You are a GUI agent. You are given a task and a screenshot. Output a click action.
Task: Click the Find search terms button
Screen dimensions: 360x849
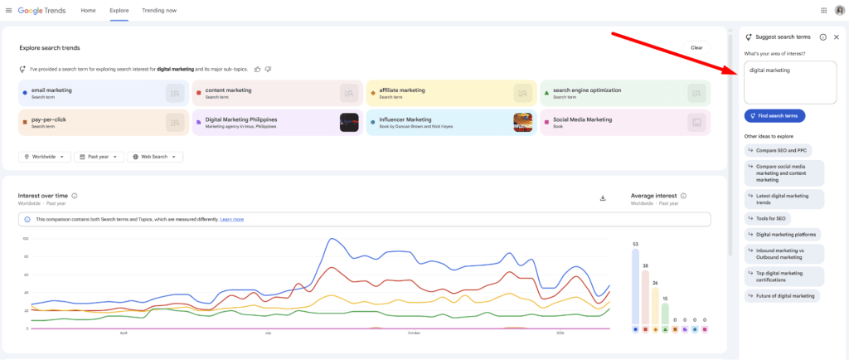point(774,116)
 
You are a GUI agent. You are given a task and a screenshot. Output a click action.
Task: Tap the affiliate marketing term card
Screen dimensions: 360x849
point(439,93)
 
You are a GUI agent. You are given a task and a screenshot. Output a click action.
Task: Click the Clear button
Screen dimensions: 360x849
point(696,47)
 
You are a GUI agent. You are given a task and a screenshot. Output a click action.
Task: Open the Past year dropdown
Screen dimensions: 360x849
point(99,157)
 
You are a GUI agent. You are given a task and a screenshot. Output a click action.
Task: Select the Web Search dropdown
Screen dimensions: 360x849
point(154,157)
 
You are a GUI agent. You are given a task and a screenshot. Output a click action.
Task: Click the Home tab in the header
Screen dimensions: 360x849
point(88,10)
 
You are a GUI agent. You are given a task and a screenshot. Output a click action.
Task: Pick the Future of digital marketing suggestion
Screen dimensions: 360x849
point(782,295)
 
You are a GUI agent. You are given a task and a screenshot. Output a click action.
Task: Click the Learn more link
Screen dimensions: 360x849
point(232,219)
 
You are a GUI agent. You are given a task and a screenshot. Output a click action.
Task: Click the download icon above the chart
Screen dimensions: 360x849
point(603,197)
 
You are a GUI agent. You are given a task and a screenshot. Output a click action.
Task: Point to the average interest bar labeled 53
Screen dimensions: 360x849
point(635,286)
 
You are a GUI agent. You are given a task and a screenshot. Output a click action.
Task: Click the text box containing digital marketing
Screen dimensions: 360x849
point(789,82)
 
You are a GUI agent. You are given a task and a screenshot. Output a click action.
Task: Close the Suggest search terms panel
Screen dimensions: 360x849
point(836,37)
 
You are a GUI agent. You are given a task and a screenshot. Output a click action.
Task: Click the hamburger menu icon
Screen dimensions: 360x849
point(9,10)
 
